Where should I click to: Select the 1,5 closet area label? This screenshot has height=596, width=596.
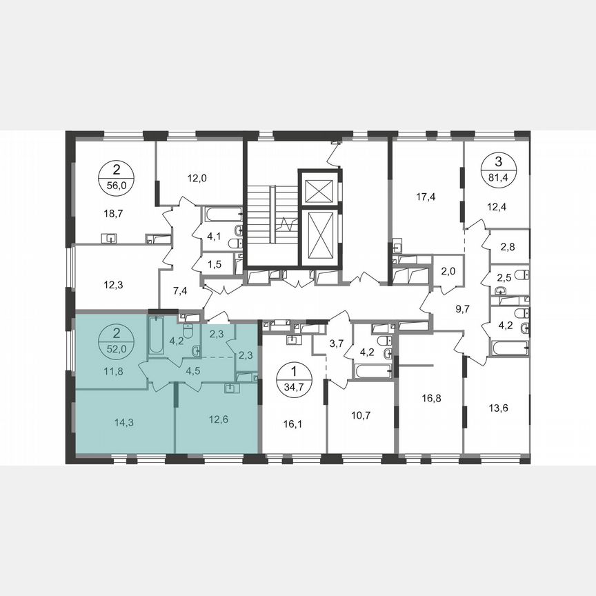pos(215,264)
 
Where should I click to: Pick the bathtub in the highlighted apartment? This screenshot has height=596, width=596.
pos(156,335)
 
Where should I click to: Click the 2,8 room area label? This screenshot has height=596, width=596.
pos(506,246)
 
